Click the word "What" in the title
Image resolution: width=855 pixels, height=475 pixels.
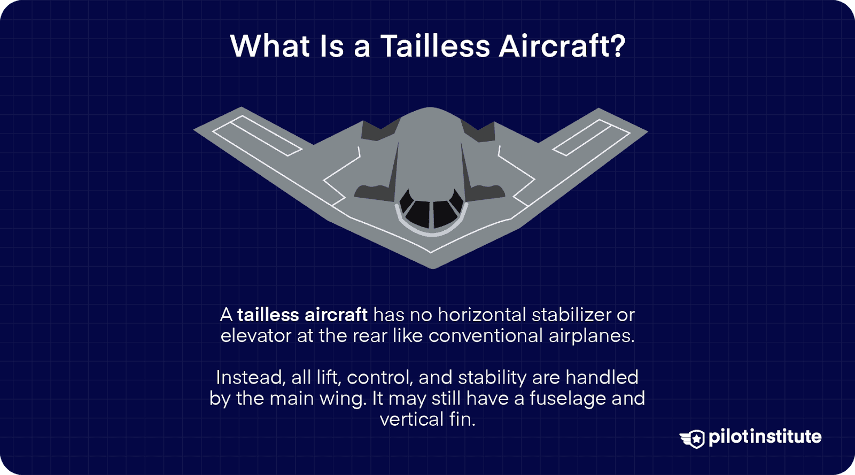pos(270,46)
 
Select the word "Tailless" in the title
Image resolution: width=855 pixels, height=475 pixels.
pos(435,46)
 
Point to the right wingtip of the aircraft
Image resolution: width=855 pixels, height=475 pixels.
pos(644,130)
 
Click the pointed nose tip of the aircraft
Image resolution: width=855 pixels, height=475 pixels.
pos(433,266)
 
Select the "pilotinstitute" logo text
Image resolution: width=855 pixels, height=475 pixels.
pos(765,437)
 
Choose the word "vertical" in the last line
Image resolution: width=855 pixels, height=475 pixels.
pos(411,419)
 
